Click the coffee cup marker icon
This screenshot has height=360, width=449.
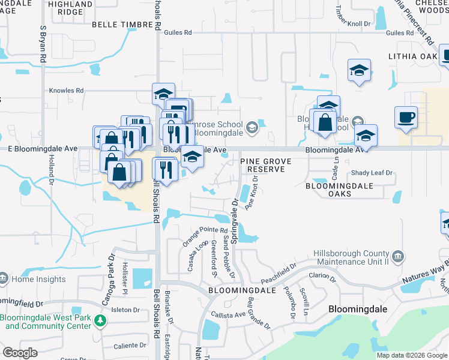point(406,116)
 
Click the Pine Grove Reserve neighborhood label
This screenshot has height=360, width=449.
point(266,166)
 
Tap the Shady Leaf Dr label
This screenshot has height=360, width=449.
point(372,173)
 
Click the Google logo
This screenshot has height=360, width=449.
point(20,353)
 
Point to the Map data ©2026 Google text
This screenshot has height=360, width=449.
point(411,355)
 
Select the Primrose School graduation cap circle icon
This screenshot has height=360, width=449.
point(252,127)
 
